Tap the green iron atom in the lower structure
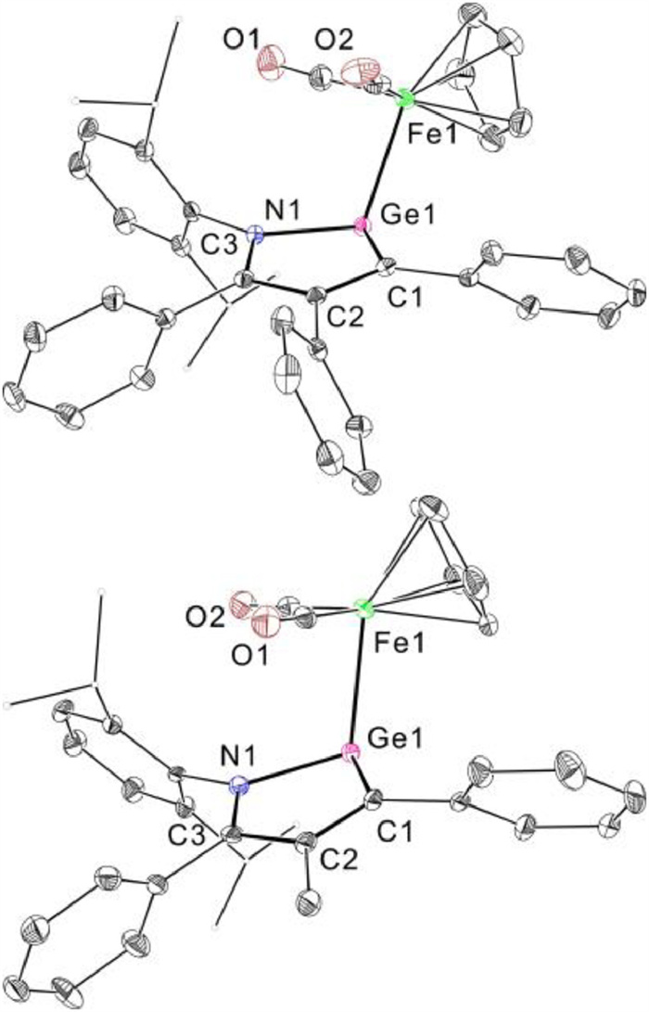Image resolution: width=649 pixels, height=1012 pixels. coord(363,609)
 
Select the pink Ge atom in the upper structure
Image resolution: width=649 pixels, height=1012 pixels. coord(363,225)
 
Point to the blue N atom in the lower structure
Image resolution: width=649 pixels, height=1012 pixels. coord(240,787)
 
